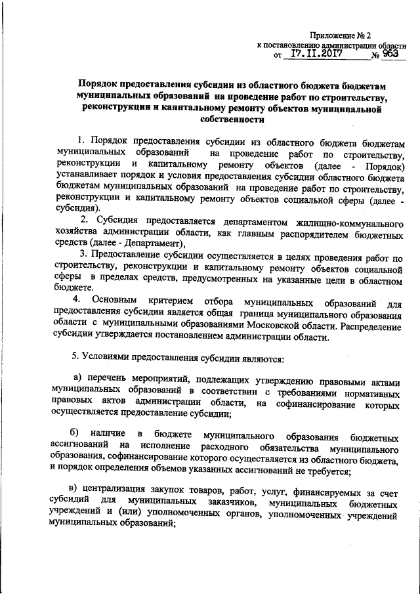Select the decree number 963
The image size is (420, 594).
tap(390, 56)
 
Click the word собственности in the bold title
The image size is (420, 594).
tap(230, 120)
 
